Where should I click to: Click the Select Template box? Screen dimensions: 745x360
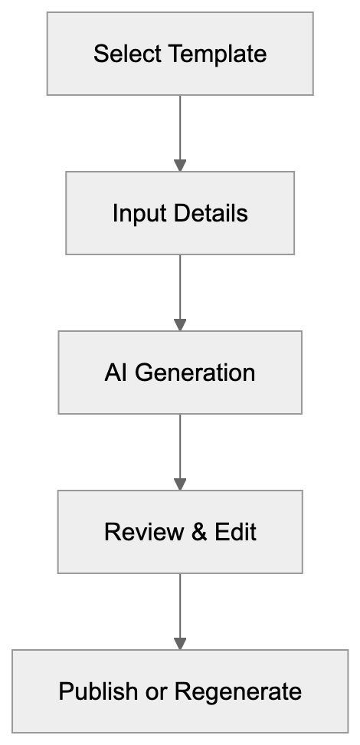(x=180, y=54)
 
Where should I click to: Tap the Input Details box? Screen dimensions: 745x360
(x=180, y=212)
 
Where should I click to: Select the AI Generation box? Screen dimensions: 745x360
(x=180, y=372)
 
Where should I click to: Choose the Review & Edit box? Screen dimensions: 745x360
(x=180, y=532)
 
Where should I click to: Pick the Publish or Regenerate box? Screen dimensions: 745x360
(x=180, y=691)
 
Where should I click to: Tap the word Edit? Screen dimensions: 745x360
(x=235, y=532)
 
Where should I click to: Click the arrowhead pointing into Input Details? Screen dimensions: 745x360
(x=180, y=165)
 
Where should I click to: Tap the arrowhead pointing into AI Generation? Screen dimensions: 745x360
(x=180, y=324)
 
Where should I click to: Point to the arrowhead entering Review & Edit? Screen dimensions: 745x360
(x=180, y=484)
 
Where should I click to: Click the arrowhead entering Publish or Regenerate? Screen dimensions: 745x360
(x=180, y=643)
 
